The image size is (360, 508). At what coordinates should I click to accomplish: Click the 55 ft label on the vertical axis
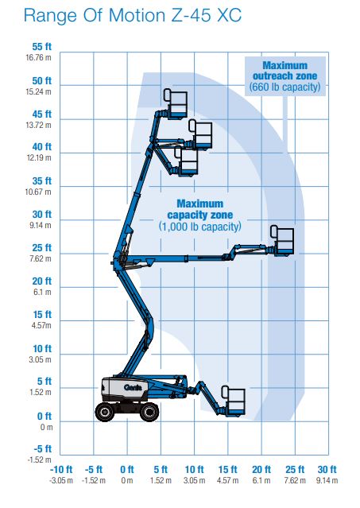pos(42,47)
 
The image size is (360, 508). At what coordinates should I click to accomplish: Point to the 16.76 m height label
pos(38,58)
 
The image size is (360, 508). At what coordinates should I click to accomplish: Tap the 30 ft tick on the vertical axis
pos(42,215)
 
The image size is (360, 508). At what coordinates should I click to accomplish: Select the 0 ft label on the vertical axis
pos(45,416)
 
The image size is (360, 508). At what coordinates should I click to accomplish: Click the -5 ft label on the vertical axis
pos(43,449)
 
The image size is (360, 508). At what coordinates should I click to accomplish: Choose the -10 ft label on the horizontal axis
pos(61,470)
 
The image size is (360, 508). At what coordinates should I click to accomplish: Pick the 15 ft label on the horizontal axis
pos(227,470)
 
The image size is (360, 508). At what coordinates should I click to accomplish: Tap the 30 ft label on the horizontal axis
pos(327,470)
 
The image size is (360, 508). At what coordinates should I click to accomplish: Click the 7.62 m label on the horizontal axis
pos(295,480)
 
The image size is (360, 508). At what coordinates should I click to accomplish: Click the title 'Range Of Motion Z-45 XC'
pos(133,15)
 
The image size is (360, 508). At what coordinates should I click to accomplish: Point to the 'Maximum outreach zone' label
pos(285,71)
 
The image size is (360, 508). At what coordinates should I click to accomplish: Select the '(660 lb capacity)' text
pos(285,87)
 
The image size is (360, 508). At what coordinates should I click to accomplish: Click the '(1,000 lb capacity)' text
pos(200,227)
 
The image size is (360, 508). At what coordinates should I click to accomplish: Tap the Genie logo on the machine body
pos(133,387)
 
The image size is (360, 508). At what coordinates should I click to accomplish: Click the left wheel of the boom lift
pos(105,412)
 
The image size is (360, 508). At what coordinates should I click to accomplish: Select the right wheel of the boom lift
pos(149,412)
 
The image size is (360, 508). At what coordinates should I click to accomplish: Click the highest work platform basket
pos(176,103)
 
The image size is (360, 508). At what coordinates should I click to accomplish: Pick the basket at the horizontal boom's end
pos(282,240)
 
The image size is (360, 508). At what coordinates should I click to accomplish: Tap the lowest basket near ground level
pos(234,401)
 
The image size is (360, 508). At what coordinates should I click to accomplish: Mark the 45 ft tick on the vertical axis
pos(42,114)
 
